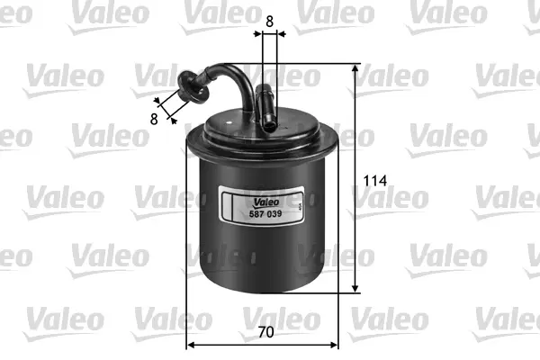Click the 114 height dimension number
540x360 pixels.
[x=374, y=181]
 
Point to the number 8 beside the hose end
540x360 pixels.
[x=155, y=117]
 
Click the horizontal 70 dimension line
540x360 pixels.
[x=263, y=344]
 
